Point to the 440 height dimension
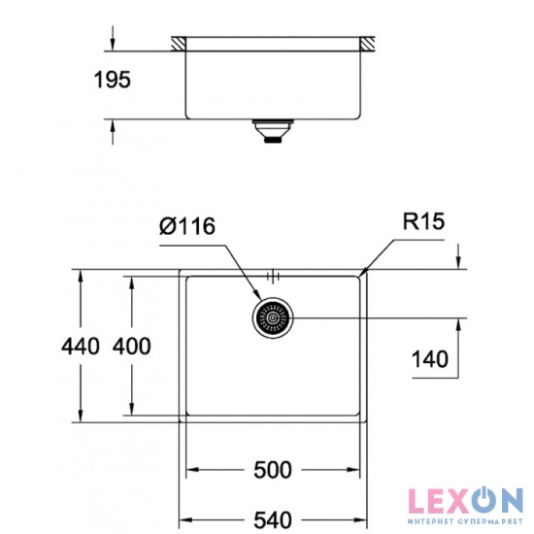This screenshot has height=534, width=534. [80, 347]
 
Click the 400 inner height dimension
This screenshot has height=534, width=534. [131, 347]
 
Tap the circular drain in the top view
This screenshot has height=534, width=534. [273, 318]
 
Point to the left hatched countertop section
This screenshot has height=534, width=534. [181, 44]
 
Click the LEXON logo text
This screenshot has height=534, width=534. [463, 501]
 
